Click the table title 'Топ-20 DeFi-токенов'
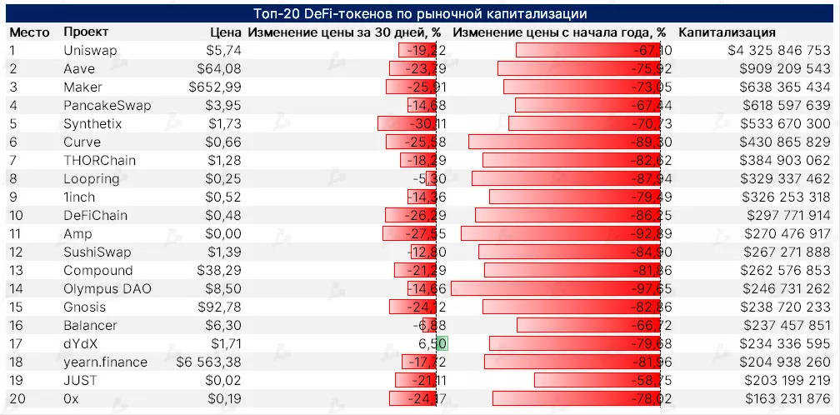coord(420,14)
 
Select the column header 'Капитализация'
coord(727,32)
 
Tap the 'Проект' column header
coord(86,32)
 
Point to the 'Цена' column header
coord(225,32)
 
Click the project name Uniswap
coord(89,51)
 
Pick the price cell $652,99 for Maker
coord(215,87)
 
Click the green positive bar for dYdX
coord(442,344)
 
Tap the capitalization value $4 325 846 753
coord(779,51)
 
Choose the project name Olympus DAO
coord(102,289)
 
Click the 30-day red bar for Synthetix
coord(407,124)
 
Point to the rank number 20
coord(17,399)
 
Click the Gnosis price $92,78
coord(219,307)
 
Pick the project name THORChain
coord(99,161)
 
